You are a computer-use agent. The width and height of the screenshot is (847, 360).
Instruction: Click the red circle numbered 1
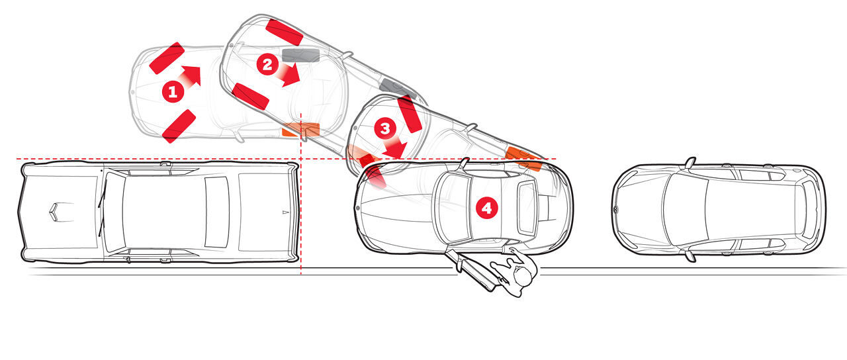tap(173, 91)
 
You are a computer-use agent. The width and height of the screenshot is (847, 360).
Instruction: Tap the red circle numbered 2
tap(267, 64)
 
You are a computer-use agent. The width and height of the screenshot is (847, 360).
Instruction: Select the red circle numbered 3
tap(385, 128)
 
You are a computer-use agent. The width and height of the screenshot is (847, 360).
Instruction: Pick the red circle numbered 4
tap(486, 208)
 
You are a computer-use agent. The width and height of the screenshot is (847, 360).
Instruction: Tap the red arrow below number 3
tap(394, 149)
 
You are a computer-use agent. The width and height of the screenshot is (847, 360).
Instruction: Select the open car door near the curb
tap(470, 269)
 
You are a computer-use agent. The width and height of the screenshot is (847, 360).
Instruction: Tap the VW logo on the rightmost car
tap(615, 209)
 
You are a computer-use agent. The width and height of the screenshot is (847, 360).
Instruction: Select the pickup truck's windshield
tap(114, 212)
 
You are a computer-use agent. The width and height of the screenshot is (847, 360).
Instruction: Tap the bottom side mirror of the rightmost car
tap(690, 256)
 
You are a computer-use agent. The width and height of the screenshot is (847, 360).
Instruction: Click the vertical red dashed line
tap(300, 194)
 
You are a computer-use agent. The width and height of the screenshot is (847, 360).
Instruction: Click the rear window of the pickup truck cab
tap(216, 212)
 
